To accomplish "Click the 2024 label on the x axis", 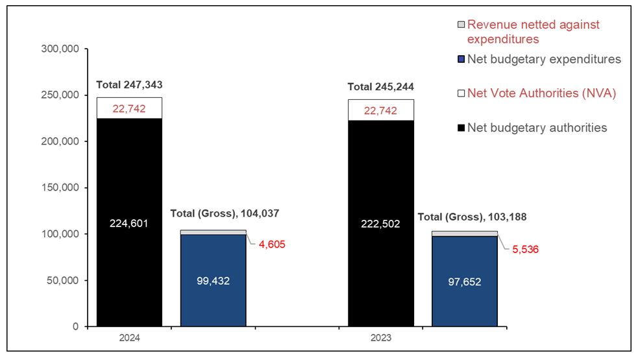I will click(129, 338).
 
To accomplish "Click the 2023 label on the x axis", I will click(381, 338).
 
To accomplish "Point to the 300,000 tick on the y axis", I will click(60, 49).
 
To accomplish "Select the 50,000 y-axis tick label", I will click(62, 280).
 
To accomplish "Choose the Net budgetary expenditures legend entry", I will click(544, 59).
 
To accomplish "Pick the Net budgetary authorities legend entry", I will click(537, 127).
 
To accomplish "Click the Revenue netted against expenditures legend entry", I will click(533, 32).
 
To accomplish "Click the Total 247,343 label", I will click(129, 84).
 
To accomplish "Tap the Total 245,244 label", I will click(381, 86).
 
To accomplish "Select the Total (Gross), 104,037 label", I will click(225, 213).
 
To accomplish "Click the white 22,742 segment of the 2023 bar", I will click(381, 110).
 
